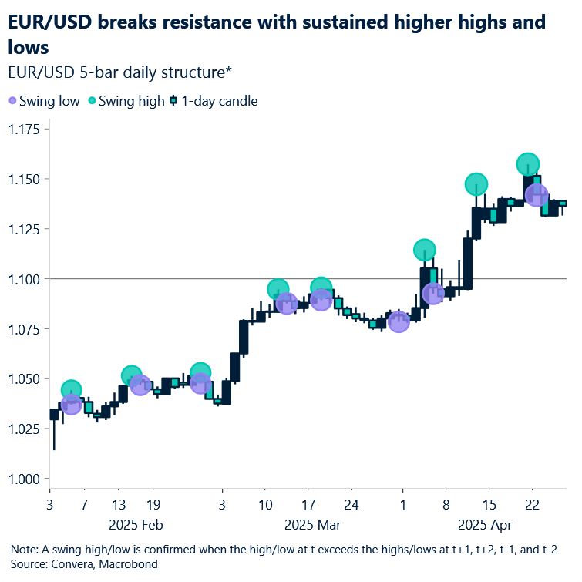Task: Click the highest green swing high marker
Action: point(528,164)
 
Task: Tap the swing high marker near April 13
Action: point(476,184)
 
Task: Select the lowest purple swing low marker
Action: point(71,404)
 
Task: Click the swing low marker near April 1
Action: point(399,322)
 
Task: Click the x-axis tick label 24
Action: point(352,506)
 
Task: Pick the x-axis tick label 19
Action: point(152,506)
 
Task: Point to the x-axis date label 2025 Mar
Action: point(312,526)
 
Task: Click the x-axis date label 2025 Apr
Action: point(486,526)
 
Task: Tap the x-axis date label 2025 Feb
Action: point(136,526)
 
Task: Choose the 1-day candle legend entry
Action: point(214,101)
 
